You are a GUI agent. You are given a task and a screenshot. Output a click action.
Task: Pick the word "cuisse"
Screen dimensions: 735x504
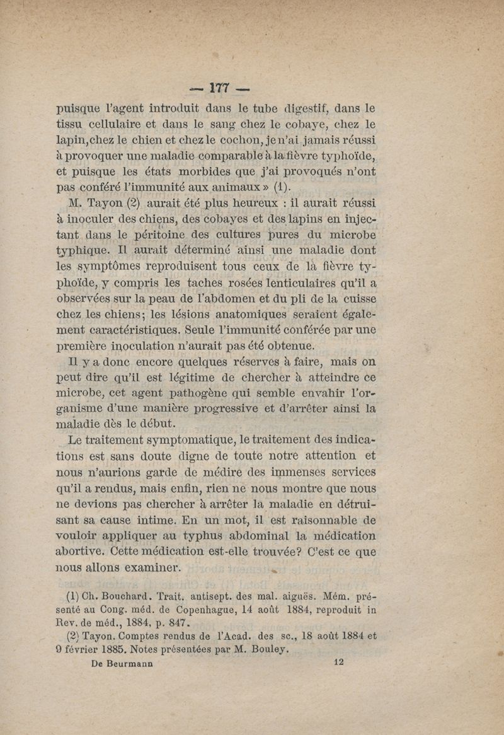(356, 298)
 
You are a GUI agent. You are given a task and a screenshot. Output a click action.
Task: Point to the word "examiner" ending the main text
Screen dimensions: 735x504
(155, 569)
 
